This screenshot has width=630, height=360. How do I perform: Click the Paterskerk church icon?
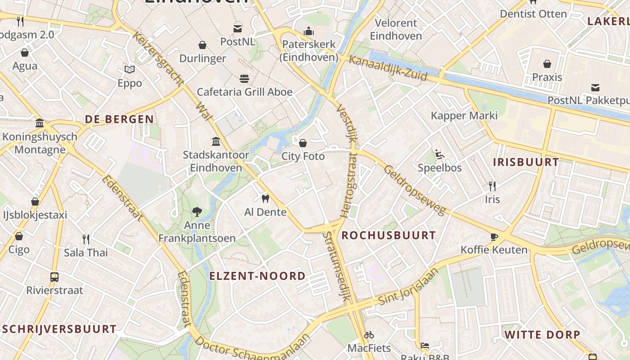click(309, 31)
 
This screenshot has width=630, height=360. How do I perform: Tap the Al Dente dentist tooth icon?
click(265, 198)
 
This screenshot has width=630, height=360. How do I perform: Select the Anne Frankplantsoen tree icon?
click(197, 211)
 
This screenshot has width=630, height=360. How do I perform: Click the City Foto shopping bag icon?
click(303, 143)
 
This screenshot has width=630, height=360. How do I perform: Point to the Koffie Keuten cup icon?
click(494, 237)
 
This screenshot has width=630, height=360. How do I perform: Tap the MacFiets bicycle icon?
click(369, 335)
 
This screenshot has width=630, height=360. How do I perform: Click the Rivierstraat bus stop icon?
click(54, 277)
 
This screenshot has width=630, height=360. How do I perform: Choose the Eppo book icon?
click(130, 70)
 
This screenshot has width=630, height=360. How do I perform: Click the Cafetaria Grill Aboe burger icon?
click(244, 79)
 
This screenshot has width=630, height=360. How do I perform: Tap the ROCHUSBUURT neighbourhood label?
click(388, 235)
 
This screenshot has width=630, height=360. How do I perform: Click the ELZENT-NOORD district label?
click(257, 276)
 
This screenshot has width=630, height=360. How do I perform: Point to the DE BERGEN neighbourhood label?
click(119, 119)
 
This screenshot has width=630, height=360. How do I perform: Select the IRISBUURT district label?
click(526, 162)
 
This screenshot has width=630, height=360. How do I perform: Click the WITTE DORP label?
click(542, 335)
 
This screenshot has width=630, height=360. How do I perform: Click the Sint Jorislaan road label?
click(408, 287)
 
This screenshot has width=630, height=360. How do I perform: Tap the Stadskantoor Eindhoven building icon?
click(216, 142)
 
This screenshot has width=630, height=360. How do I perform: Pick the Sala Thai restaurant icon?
click(86, 239)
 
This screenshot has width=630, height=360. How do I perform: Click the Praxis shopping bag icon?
click(547, 64)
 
